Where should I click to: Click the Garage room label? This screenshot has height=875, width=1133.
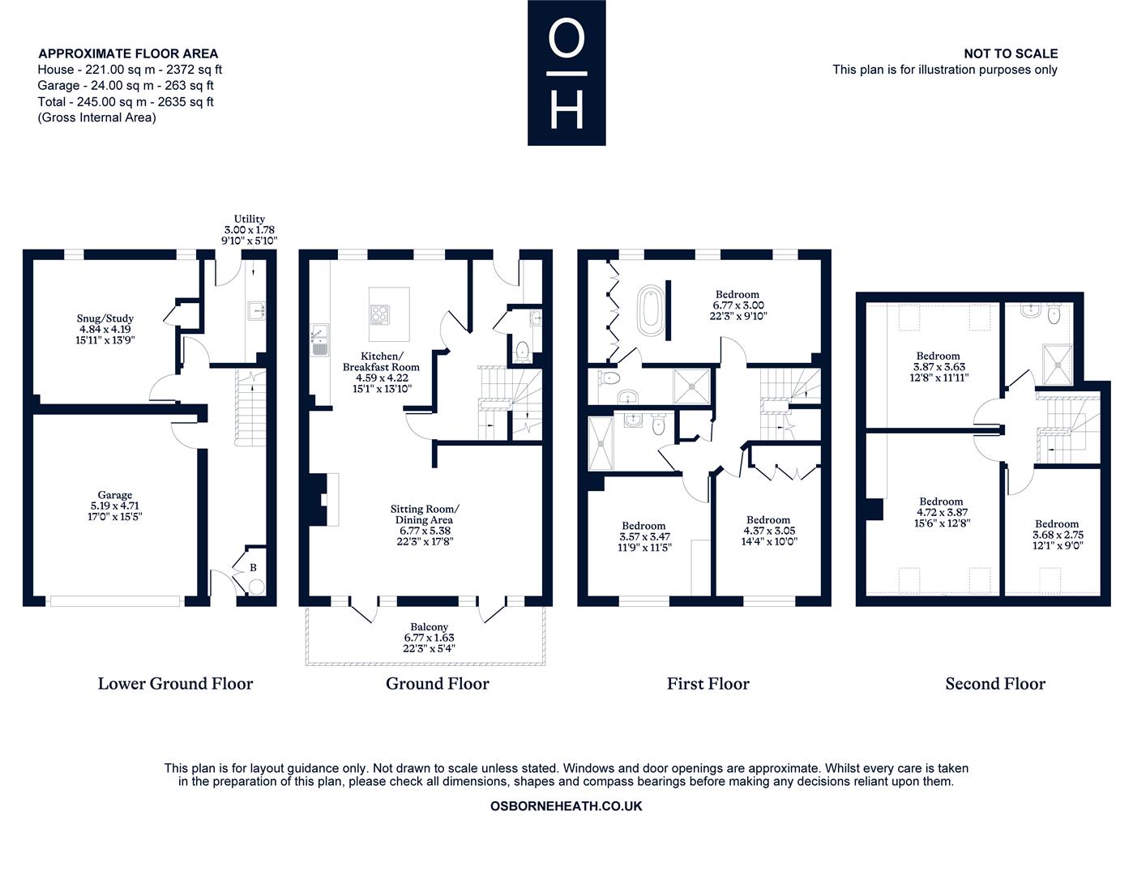[x=115, y=495]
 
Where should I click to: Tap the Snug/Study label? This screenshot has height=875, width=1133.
[x=105, y=318]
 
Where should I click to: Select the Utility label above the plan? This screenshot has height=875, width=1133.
[x=250, y=219]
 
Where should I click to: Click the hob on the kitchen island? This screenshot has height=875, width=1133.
[x=379, y=314]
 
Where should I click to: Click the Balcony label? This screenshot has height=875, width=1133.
[x=429, y=627]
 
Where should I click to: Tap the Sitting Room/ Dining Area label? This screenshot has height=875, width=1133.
[x=425, y=514]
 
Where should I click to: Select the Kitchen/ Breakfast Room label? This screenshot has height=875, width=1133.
[x=381, y=361]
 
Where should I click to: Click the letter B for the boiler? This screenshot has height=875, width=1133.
[x=253, y=567]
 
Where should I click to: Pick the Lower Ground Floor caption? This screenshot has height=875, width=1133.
[x=175, y=684]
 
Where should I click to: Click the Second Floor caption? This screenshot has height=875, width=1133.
[x=995, y=684]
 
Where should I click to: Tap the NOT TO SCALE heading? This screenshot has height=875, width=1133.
[x=1011, y=53]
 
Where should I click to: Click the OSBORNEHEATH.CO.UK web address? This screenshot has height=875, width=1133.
[x=566, y=806]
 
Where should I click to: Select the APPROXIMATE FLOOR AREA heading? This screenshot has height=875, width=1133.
[x=128, y=53]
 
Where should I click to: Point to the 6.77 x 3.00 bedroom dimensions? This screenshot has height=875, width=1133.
[x=738, y=305]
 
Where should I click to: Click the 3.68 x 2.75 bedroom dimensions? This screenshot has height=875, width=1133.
[x=1058, y=535]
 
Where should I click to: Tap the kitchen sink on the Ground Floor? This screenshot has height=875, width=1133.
[x=319, y=339]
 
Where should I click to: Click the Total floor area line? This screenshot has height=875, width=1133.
[x=126, y=101]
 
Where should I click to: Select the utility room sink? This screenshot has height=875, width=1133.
[x=258, y=310]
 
